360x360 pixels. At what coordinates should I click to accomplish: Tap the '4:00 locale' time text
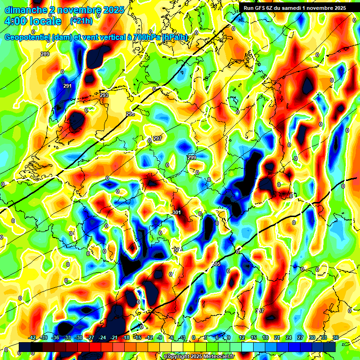pyautogui.click(x=33, y=21)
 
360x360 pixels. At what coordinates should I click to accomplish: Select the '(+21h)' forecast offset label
pyautogui.click(x=81, y=21)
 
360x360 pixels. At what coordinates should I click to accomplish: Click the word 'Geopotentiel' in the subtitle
pyautogui.click(x=28, y=37)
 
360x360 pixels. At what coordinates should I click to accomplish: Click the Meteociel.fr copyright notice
pyautogui.click(x=199, y=356)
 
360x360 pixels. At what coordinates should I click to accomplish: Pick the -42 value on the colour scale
pyautogui.click(x=32, y=337)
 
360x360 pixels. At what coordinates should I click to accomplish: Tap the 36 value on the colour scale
pyautogui.click(x=336, y=337)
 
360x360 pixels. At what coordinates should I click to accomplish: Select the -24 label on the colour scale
pyautogui.click(x=102, y=337)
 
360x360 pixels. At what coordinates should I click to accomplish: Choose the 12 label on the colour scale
pyautogui.click(x=242, y=337)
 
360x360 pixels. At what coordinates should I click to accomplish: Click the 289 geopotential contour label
pyautogui.click(x=45, y=54)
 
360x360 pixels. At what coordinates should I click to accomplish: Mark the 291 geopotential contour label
pyautogui.click(x=67, y=86)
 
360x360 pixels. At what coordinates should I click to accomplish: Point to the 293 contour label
pyautogui.click(x=104, y=95)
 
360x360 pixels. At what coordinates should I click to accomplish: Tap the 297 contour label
pyautogui.click(x=157, y=138)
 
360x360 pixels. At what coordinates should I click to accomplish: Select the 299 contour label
pyautogui.click(x=191, y=157)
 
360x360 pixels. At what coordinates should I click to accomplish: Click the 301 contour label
pyautogui.click(x=177, y=213)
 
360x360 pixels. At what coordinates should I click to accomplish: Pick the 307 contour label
pyautogui.click(x=260, y=311)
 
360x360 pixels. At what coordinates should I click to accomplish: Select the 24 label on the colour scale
pyautogui.click(x=288, y=337)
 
